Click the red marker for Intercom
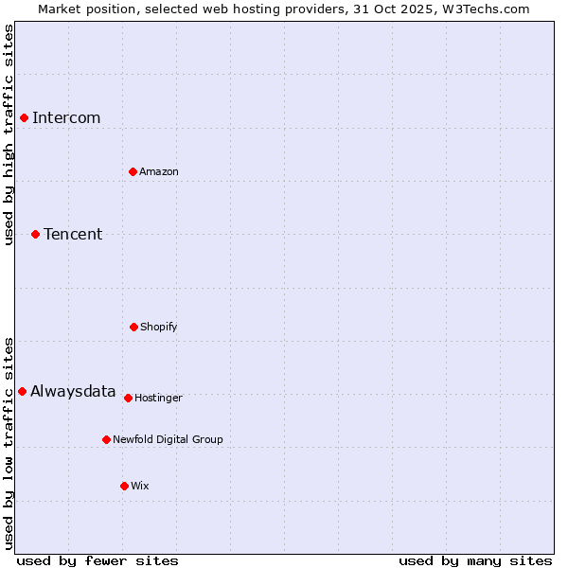pyautogui.click(x=24, y=117)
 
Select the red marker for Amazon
pyautogui.click(x=133, y=171)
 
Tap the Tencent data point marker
pyautogui.click(x=35, y=234)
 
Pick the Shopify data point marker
pyautogui.click(x=133, y=327)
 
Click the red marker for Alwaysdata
pyautogui.click(x=22, y=391)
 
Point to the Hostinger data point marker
pyautogui.click(x=128, y=398)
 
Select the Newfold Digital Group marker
pyautogui.click(x=106, y=439)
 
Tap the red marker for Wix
pyautogui.click(x=124, y=486)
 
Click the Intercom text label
pyautogui.click(x=66, y=117)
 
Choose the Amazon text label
pyautogui.click(x=159, y=171)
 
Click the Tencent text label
pyautogui.click(x=73, y=234)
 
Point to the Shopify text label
pyautogui.click(x=159, y=327)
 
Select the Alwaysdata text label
pyautogui.click(x=73, y=391)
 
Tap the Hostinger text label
pyautogui.click(x=158, y=398)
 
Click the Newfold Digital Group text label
pyautogui.click(x=168, y=439)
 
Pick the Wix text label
pyautogui.click(x=140, y=486)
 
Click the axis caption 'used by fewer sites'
pyautogui.click(x=98, y=560)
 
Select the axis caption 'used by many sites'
pyautogui.click(x=475, y=560)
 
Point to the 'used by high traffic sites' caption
pyautogui.click(x=9, y=134)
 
